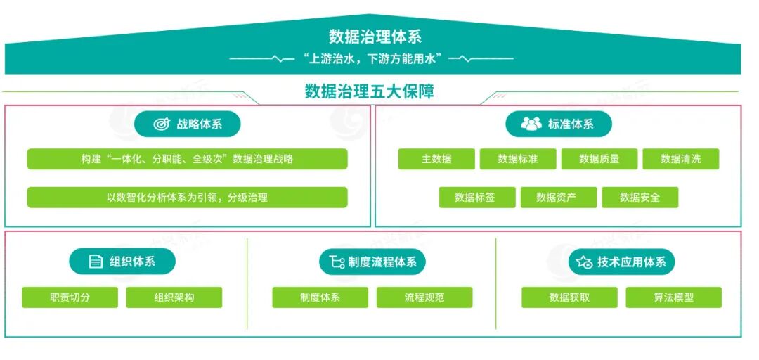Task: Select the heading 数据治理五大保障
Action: [x=369, y=91]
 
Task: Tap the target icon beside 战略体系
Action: [x=162, y=124]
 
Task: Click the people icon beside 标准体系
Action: [x=531, y=124]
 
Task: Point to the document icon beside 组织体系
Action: [x=96, y=262]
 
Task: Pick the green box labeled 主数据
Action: [x=436, y=159]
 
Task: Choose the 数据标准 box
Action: [x=518, y=159]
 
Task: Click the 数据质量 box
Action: [x=599, y=159]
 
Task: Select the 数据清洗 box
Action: [x=681, y=159]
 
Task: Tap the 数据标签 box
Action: [x=476, y=198]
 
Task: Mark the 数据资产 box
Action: [x=559, y=198]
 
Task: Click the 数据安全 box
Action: [x=640, y=198]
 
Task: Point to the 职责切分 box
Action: [x=70, y=297]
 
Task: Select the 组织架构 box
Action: [x=174, y=297]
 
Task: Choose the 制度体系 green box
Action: [x=320, y=297]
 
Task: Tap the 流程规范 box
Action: [x=424, y=297]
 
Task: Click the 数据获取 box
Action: [x=569, y=297]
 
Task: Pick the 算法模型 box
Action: [x=673, y=297]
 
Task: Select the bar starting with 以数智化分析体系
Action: [x=187, y=198]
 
